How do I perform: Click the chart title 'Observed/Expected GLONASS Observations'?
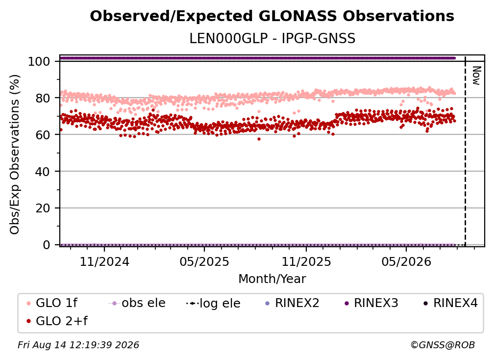(272, 16)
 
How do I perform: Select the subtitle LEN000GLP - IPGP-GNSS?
(272, 39)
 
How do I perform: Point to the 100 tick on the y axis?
(39, 61)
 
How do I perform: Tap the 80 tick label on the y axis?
(43, 98)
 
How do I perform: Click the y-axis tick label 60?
(43, 135)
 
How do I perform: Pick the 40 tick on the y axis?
(43, 172)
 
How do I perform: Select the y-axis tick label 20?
(43, 208)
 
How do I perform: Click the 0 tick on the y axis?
(47, 245)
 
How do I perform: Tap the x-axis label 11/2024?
(104, 261)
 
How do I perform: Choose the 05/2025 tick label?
(204, 261)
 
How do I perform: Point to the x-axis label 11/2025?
(306, 261)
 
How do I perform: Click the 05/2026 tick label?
(406, 261)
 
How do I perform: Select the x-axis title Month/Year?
(272, 279)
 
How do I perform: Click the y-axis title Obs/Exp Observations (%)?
(15, 154)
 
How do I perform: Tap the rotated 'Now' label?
(476, 76)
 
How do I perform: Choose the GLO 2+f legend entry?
(57, 321)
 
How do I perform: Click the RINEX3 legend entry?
(371, 303)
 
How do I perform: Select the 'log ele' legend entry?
(213, 303)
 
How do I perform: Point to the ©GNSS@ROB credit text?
(443, 345)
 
